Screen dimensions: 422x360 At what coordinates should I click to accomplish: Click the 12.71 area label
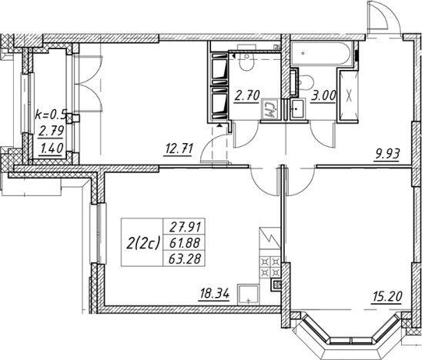pos(179,149)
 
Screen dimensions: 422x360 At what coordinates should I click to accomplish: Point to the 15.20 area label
pos(387,297)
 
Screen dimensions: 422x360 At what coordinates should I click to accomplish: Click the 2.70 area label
pos(246,95)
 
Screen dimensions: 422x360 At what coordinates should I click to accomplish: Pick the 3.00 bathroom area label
pos(323,95)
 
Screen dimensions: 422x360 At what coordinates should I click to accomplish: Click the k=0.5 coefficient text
pos(50,115)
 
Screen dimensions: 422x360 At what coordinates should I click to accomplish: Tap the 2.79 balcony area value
pos(51,132)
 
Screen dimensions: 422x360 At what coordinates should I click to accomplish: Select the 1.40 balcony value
pos(51,148)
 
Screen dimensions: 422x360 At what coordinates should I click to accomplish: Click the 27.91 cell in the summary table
pos(185,228)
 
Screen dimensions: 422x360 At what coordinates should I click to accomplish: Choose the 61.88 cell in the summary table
pos(185,243)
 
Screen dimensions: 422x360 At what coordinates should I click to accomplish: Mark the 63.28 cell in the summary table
pos(185,259)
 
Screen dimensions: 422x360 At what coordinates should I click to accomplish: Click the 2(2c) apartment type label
pos(143,243)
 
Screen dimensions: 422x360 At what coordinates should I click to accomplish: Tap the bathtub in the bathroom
pos(322,53)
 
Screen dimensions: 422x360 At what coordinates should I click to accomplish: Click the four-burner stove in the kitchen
pos(270,267)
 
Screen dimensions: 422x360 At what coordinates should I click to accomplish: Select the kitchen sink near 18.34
pos(248,295)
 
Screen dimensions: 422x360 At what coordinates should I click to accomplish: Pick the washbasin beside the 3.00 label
pos(297,108)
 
